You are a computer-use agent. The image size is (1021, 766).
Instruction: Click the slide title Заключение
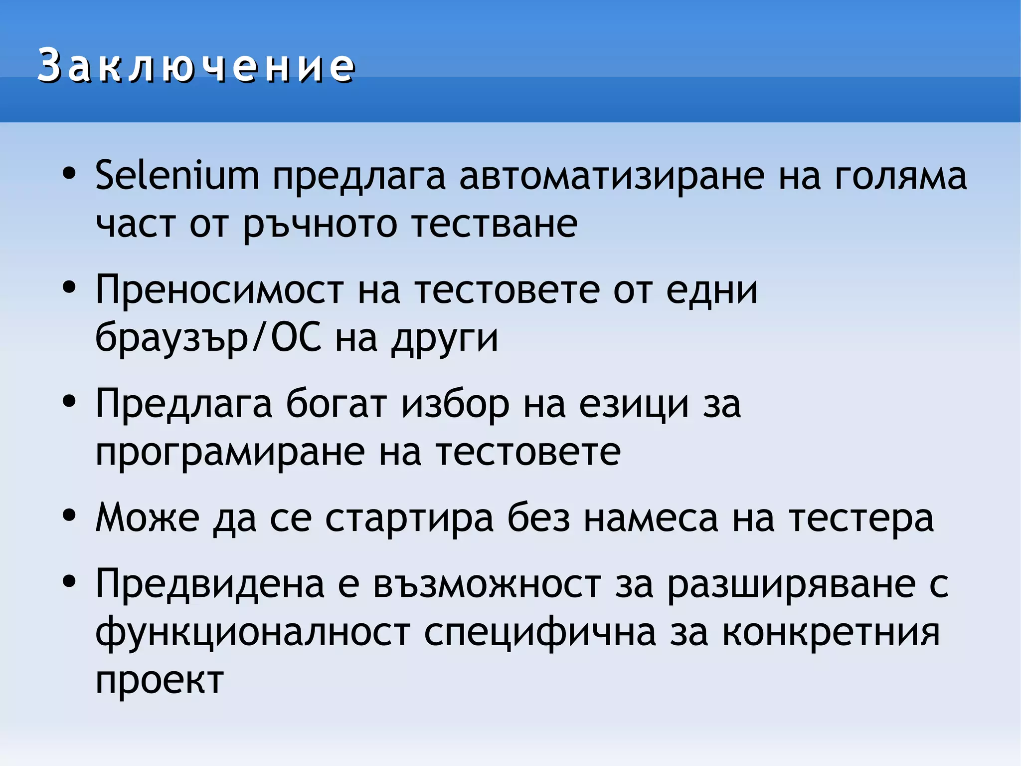coord(196,65)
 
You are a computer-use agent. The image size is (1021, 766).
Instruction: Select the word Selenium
coord(177,176)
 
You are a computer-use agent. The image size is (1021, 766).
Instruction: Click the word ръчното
coord(320,225)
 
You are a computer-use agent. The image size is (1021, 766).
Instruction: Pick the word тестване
coord(495,224)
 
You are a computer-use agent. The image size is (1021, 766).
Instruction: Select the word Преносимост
coord(219,289)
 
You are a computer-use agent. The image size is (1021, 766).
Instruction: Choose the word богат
coord(336,403)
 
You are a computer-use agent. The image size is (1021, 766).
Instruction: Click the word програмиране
coord(230,453)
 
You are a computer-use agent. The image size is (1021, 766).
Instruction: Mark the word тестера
coord(861,518)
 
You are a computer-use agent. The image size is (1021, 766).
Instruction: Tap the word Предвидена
coord(210,584)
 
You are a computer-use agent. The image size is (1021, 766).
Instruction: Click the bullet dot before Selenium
coord(69,174)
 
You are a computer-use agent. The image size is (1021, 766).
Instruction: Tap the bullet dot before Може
coord(69,516)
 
